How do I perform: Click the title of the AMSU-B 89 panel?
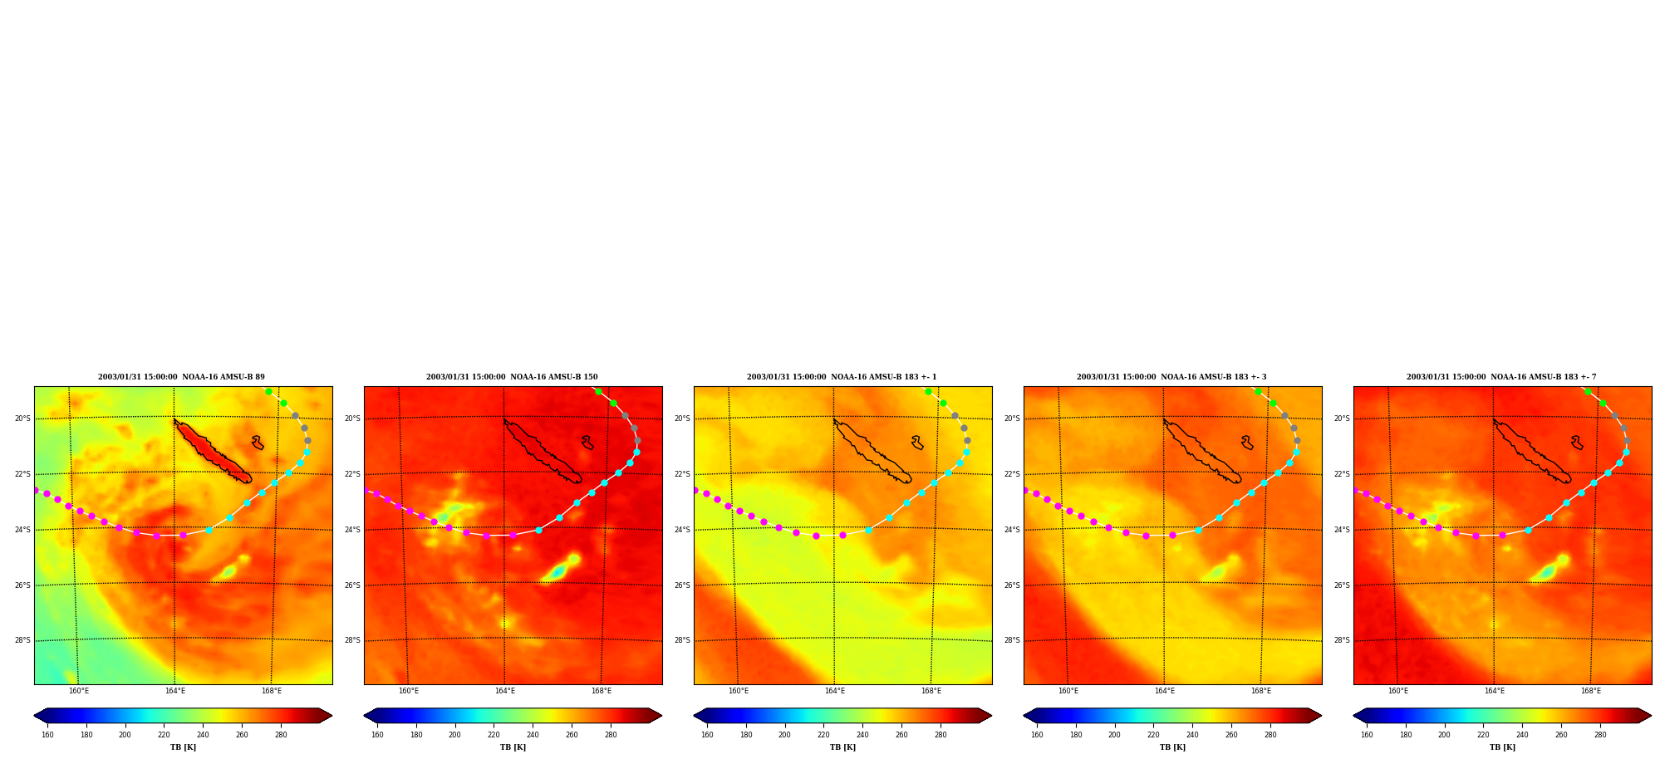181,377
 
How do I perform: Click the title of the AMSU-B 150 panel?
512,377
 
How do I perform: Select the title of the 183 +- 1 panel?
842,377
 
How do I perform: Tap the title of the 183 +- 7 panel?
1501,377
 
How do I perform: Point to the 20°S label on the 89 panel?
22,419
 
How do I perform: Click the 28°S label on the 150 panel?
352,640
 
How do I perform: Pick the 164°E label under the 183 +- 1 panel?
834,691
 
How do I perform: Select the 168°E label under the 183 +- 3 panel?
1261,691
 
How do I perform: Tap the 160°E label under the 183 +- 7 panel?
1398,691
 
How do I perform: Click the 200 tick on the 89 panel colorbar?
125,735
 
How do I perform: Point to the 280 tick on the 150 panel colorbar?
611,735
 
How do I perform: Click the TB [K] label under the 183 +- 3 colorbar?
1172,747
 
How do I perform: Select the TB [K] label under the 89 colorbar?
183,747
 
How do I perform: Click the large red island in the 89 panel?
213,452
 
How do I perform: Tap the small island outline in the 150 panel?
587,443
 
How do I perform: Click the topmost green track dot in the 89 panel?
268,391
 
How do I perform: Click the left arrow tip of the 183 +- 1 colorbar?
695,716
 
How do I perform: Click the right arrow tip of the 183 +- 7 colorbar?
1651,716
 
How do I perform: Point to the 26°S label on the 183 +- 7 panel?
1342,585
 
